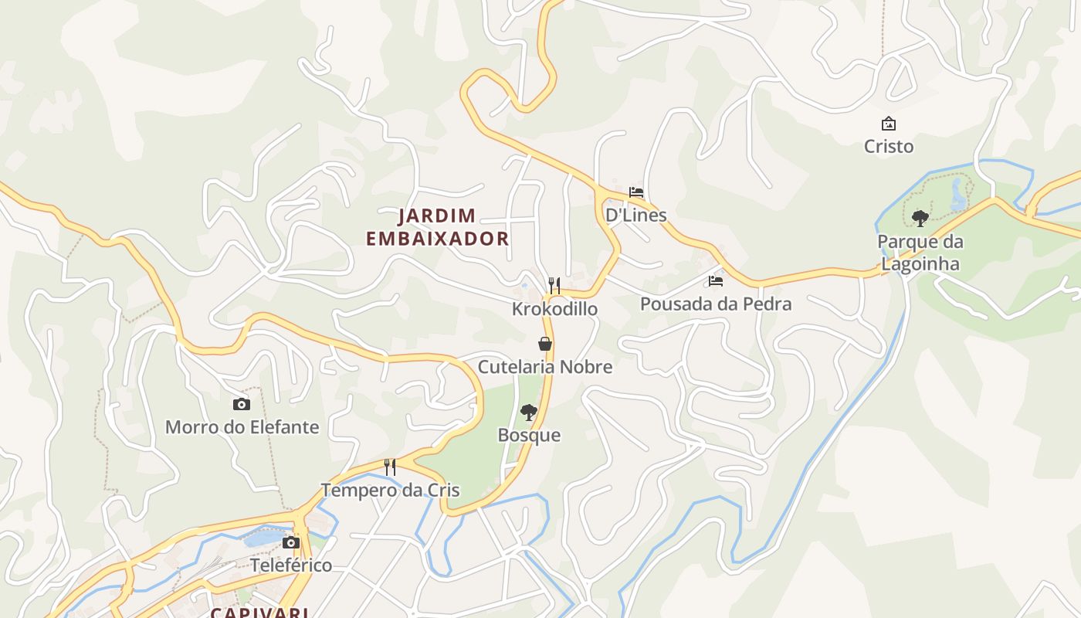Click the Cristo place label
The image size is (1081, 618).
[x=888, y=146]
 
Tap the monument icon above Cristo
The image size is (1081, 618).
[x=888, y=124]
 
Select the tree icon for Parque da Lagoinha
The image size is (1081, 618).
[x=920, y=219]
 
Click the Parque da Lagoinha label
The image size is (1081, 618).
[x=920, y=253]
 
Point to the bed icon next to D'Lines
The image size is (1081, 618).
[x=636, y=192]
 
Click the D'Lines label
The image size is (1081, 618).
[x=635, y=215]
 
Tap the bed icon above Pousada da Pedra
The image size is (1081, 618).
[x=716, y=281]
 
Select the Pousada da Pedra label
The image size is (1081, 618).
[x=716, y=304]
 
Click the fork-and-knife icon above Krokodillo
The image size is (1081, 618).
[x=554, y=285]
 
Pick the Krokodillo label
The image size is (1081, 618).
[x=554, y=309]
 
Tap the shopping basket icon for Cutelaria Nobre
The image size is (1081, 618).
[x=545, y=344]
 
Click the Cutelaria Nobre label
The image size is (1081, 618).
[x=545, y=367]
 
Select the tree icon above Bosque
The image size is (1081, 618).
[x=529, y=413]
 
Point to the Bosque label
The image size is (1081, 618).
[x=529, y=435]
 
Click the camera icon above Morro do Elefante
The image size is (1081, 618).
[x=242, y=404]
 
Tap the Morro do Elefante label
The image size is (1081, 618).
[x=242, y=426]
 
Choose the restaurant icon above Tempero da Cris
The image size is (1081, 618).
[x=390, y=467]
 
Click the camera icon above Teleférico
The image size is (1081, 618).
[x=291, y=542]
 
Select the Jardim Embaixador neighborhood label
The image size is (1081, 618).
[x=437, y=227]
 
